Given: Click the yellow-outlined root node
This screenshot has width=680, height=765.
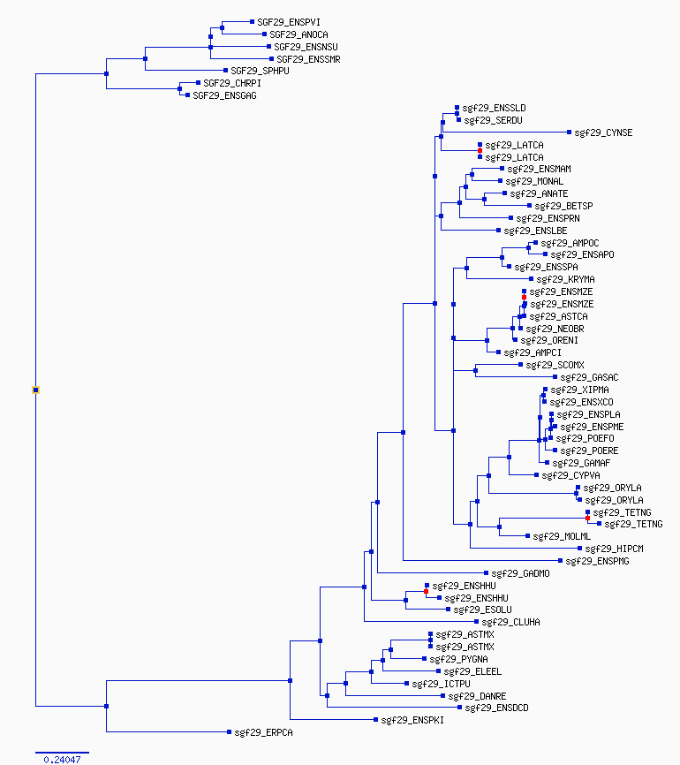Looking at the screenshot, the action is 35,390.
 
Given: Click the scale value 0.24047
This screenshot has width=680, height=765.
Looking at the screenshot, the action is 62,760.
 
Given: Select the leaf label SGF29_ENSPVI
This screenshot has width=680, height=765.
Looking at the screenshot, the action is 289,22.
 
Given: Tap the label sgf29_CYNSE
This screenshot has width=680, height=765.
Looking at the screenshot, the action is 603,133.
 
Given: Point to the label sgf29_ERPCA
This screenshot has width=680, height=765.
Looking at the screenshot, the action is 263,732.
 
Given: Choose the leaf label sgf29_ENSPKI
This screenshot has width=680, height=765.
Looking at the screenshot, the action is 412,720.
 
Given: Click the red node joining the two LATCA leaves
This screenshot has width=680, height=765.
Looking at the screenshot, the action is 480,151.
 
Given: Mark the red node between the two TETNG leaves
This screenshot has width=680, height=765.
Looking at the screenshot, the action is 588,519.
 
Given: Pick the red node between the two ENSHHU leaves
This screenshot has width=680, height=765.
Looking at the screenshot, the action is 427,591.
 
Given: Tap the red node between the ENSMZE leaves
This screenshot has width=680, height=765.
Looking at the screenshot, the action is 525,297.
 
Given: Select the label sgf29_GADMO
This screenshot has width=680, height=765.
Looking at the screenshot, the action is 520,573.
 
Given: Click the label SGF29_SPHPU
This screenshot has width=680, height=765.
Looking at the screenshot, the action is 260,71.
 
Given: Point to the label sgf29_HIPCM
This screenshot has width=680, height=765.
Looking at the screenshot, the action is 614,549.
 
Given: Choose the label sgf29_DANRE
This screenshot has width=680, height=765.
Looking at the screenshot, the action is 477,696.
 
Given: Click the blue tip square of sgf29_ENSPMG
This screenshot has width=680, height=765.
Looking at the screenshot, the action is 561,561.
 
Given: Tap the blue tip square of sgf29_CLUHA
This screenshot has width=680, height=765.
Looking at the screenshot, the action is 477,622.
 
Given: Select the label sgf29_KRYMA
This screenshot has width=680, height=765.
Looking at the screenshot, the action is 565,279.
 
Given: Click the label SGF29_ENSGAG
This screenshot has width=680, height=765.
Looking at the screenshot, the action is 225,95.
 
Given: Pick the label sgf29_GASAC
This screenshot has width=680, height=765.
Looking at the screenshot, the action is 589,377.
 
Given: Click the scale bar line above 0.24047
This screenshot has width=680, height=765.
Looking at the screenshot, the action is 62,753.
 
